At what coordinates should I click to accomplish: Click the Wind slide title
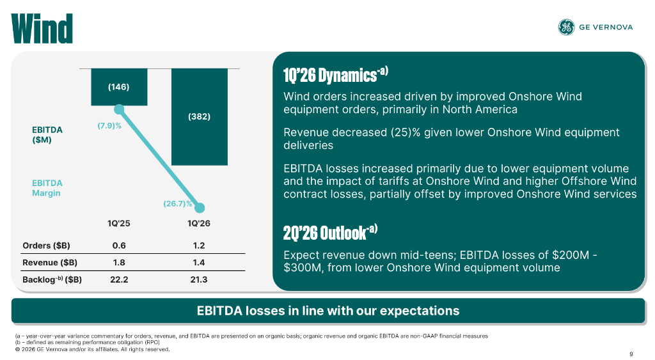tap(42, 27)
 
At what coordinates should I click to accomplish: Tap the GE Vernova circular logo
tap(566, 27)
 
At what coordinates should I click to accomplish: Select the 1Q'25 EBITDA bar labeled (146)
tap(119, 87)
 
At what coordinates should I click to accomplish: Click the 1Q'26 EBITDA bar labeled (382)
tap(199, 116)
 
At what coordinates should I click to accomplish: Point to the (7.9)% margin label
tap(109, 125)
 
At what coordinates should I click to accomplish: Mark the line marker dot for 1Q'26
tap(200, 208)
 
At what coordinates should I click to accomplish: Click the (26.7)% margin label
tap(177, 204)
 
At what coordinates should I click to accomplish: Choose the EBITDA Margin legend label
tap(47, 188)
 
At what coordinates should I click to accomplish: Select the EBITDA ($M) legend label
tap(47, 135)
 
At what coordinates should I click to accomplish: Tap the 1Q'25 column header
tap(118, 224)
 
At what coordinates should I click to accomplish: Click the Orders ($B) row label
tap(47, 246)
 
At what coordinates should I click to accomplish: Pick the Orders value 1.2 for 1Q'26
tap(199, 246)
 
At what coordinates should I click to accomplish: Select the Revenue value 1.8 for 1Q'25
tap(118, 263)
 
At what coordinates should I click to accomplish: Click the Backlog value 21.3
tap(199, 280)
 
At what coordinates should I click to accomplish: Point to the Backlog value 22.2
tap(118, 280)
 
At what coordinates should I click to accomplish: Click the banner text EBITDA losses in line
tap(327, 311)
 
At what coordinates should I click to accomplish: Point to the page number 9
tap(631, 354)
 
